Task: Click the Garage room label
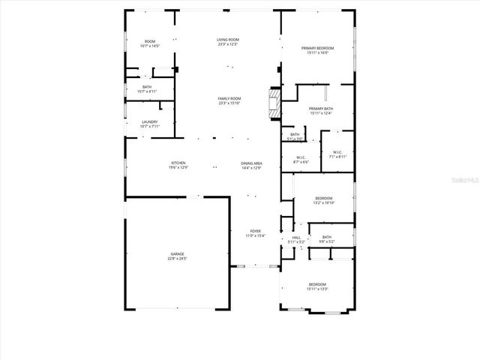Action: coord(176,255)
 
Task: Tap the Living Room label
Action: coord(228,40)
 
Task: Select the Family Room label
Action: coord(229,99)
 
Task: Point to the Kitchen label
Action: coord(178,163)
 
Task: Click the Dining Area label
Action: coord(251,163)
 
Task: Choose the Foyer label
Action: coord(256,232)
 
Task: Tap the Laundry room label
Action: coord(149,122)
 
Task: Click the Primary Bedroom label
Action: coord(317,48)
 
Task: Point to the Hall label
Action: coord(296,238)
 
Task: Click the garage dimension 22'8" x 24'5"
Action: coord(176,259)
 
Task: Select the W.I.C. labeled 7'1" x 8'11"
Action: coord(337,153)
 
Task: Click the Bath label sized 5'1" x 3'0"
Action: coord(295,135)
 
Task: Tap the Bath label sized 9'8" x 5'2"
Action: coord(326,238)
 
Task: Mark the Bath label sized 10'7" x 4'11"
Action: coord(147,87)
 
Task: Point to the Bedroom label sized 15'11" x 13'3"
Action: coord(317,284)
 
